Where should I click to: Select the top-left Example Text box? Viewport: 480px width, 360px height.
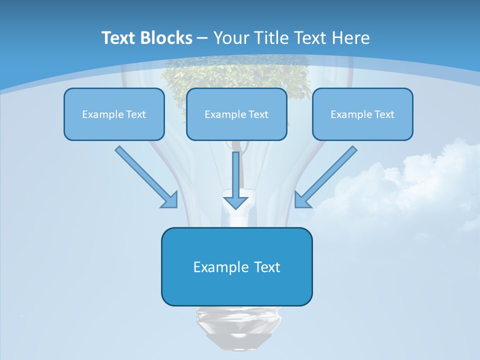click(x=114, y=114)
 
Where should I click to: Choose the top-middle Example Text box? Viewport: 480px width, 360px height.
click(x=236, y=114)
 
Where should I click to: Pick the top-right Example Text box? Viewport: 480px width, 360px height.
click(x=362, y=114)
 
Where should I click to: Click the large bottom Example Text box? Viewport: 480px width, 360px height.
click(x=236, y=266)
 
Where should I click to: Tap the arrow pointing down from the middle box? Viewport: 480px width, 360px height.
click(x=235, y=180)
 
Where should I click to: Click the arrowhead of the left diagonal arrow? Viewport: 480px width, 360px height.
click(x=170, y=200)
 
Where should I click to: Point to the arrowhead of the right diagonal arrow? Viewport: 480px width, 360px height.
click(x=302, y=200)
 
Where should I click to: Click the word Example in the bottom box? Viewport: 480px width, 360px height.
click(x=214, y=267)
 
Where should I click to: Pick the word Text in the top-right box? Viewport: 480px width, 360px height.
click(x=384, y=114)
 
